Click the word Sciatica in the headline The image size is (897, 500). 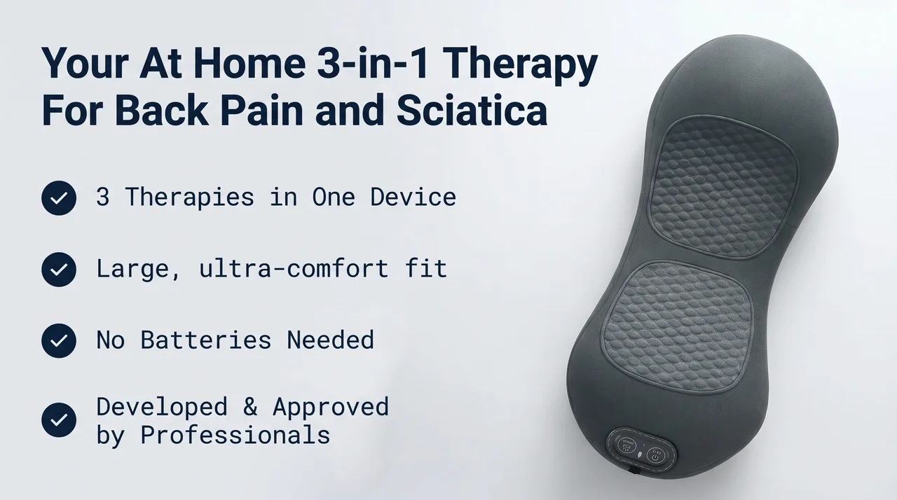472,111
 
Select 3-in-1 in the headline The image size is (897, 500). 373,63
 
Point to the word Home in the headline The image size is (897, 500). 249,63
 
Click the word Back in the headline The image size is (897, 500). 161,111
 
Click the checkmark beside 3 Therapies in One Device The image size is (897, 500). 59,198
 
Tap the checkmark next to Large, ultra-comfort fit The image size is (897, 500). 59,269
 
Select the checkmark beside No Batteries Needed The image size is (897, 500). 59,340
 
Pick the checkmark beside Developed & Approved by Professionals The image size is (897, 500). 59,419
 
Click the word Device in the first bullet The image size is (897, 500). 413,197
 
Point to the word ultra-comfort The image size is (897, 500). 294,268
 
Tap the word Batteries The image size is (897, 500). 206,340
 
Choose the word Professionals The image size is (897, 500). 235,434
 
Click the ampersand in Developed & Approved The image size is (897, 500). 250,406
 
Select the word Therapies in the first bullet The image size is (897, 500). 190,197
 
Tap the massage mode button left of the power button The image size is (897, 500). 626,445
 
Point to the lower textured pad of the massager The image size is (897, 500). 677,327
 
